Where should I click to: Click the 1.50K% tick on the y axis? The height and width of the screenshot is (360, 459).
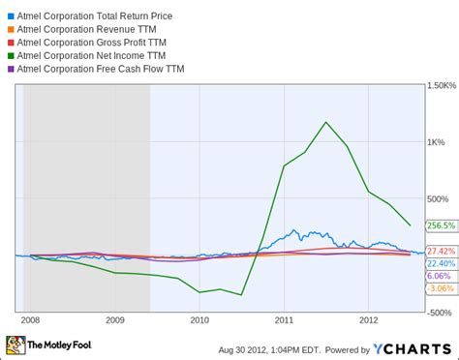tap(441, 86)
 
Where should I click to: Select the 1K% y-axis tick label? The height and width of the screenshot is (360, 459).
tap(436, 142)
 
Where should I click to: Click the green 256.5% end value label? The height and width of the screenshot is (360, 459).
tap(441, 225)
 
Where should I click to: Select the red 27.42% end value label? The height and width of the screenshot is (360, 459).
tap(441, 251)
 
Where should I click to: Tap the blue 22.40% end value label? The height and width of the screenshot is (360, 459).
tap(441, 263)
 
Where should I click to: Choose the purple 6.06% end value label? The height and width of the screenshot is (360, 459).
tap(439, 276)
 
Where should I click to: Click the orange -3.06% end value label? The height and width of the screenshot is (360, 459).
tap(441, 288)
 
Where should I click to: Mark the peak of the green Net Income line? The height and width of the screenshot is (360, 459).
tap(325, 122)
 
